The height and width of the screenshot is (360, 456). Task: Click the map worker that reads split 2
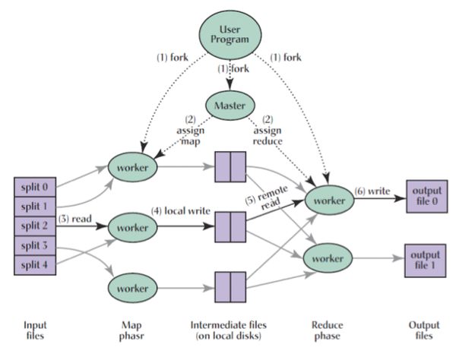(x=134, y=227)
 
